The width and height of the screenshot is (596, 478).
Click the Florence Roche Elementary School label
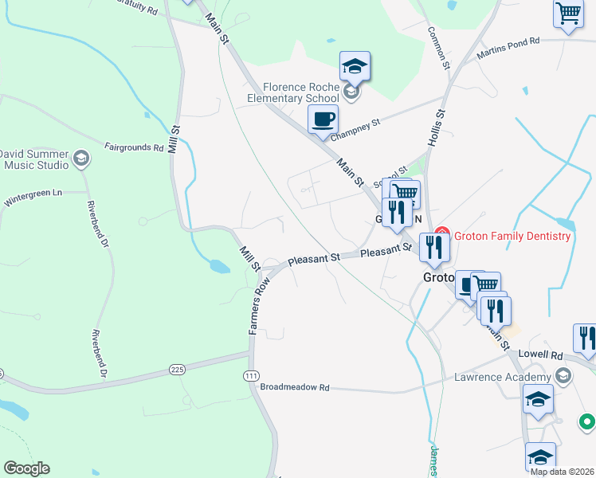tap(302, 92)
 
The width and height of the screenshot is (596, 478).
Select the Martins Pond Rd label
tap(508, 49)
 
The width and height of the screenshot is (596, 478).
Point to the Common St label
tap(439, 49)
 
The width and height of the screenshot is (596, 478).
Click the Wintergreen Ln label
tap(34, 194)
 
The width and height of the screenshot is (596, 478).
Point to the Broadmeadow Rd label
tap(295, 387)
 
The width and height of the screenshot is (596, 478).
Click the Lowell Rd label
tap(546, 353)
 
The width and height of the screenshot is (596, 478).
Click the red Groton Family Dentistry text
tap(512, 236)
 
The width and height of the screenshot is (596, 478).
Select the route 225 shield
tap(178, 370)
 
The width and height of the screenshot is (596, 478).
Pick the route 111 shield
tap(253, 374)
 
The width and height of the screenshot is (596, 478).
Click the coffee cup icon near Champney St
tap(323, 119)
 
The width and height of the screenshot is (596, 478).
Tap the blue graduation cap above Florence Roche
tap(355, 66)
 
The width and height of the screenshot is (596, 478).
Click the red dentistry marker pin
tap(444, 235)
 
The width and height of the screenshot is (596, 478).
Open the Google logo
tap(26, 468)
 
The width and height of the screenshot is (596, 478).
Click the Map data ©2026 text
tap(562, 472)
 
